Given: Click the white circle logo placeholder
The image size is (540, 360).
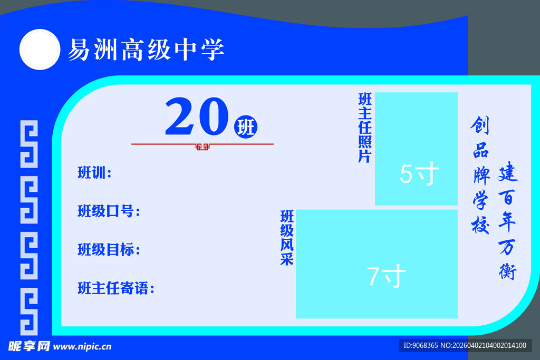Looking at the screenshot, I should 39,50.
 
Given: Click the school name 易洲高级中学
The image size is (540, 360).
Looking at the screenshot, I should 146,50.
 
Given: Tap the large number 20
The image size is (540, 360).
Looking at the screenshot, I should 196,118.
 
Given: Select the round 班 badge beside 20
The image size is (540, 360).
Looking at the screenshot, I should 245,127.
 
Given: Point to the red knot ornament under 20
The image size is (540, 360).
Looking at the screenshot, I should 202,147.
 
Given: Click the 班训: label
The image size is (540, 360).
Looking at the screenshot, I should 94,173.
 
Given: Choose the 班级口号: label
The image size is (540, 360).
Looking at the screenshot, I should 109,211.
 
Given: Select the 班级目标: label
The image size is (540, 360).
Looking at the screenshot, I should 109,249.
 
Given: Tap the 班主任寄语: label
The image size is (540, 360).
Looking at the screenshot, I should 115,288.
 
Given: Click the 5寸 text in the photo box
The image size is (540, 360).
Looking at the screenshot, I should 419,174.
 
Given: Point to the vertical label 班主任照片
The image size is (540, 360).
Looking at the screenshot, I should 364,128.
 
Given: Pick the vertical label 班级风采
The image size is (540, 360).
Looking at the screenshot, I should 286,238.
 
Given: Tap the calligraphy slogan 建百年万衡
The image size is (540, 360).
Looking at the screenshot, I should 508,221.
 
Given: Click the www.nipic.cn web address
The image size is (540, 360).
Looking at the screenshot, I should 83,346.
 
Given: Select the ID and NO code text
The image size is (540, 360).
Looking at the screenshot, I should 464,346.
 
